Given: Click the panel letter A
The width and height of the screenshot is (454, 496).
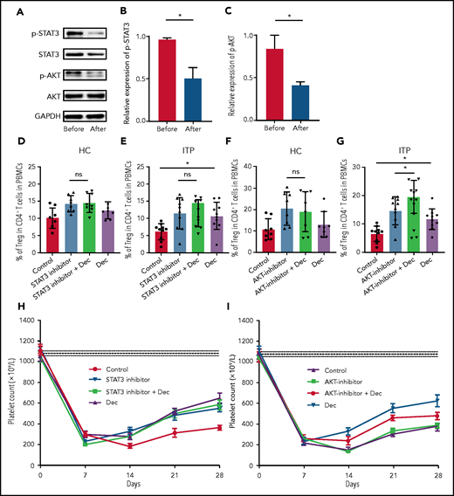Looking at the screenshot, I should point(8,13).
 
